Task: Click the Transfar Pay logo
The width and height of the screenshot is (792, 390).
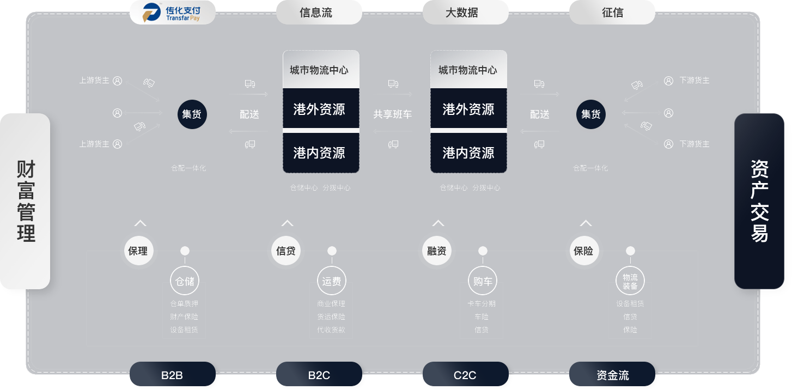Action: tap(172, 13)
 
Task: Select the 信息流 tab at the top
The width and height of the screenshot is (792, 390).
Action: tap(319, 13)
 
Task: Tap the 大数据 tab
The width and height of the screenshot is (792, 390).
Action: tap(465, 13)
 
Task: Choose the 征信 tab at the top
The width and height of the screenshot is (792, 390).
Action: tap(612, 13)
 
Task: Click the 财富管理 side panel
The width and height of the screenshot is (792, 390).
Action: tap(26, 200)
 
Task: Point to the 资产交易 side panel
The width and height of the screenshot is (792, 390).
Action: tap(759, 200)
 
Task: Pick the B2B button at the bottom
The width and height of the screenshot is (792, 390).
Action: tap(172, 375)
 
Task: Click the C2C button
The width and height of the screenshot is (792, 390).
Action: tap(465, 375)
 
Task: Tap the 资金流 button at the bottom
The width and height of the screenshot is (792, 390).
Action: tap(612, 375)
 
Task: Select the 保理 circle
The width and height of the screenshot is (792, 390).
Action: tap(138, 251)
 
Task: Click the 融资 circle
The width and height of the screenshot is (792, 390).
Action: tap(436, 251)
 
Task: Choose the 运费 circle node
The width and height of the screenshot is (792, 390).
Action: tap(332, 282)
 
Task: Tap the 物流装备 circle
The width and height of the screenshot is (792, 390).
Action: tap(630, 282)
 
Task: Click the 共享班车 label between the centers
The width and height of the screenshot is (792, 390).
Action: tap(392, 115)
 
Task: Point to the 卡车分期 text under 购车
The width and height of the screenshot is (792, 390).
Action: tap(482, 304)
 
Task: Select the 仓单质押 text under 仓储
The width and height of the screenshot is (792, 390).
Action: tap(184, 304)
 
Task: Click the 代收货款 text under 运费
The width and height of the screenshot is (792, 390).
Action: tap(331, 330)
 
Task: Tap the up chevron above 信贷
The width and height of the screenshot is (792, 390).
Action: tap(287, 223)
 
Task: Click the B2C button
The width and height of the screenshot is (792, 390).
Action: tap(319, 375)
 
